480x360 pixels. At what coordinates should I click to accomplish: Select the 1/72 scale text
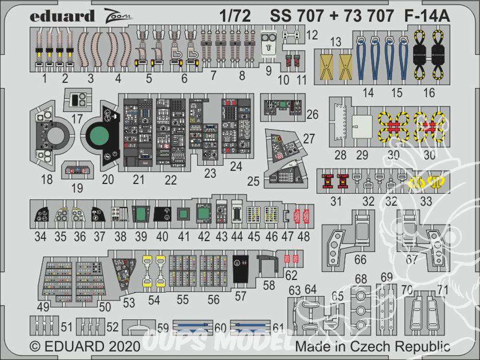[x=237, y=17]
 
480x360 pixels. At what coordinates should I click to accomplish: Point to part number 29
[x=362, y=155]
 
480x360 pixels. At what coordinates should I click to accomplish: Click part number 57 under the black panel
[x=240, y=296]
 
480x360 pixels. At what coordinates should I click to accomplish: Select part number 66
[x=360, y=260]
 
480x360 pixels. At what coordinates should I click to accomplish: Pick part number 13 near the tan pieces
[x=336, y=42]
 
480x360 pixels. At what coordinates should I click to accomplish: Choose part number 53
[x=129, y=303]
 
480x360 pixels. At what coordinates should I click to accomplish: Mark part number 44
[x=237, y=236]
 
